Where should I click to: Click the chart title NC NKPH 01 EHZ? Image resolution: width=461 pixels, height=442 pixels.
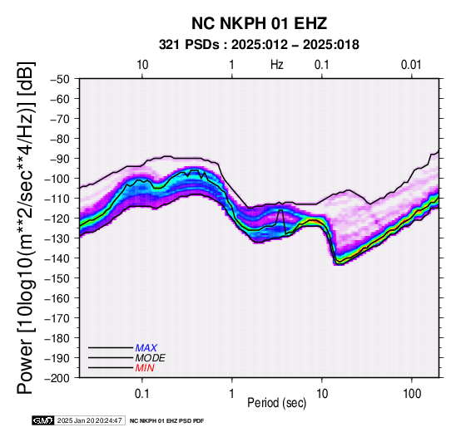click(x=259, y=23)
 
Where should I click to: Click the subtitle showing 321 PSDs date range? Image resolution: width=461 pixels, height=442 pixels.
click(x=259, y=45)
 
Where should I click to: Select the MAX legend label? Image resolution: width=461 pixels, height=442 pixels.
click(x=146, y=348)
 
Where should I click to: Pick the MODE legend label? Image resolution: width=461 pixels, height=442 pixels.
click(x=151, y=358)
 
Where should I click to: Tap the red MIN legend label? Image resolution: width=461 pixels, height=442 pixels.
click(x=145, y=368)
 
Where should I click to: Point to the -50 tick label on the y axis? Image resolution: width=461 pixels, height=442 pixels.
click(x=60, y=79)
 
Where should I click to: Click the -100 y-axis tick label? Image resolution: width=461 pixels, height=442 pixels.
click(x=57, y=179)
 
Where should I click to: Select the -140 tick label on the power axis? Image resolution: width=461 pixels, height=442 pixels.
click(x=57, y=258)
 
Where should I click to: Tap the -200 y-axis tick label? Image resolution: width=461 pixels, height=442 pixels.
click(x=57, y=378)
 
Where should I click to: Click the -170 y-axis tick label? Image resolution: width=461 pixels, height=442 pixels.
click(x=57, y=318)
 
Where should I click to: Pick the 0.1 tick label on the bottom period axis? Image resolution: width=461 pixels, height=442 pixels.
click(x=142, y=394)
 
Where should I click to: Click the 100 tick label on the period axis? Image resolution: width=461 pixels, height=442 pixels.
click(x=412, y=394)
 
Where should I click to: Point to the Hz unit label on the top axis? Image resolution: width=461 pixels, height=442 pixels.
click(x=277, y=65)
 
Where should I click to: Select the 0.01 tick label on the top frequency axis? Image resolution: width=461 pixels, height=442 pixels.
click(x=411, y=65)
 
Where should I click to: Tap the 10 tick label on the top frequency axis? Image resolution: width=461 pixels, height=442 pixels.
click(x=142, y=65)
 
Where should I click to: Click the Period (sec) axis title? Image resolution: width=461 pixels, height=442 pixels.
click(x=276, y=403)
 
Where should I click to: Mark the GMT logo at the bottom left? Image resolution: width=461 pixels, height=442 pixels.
click(x=43, y=420)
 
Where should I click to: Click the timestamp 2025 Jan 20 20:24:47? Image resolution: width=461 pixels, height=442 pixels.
click(x=89, y=420)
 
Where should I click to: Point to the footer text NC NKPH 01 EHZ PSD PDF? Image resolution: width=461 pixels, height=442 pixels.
click(x=166, y=421)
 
